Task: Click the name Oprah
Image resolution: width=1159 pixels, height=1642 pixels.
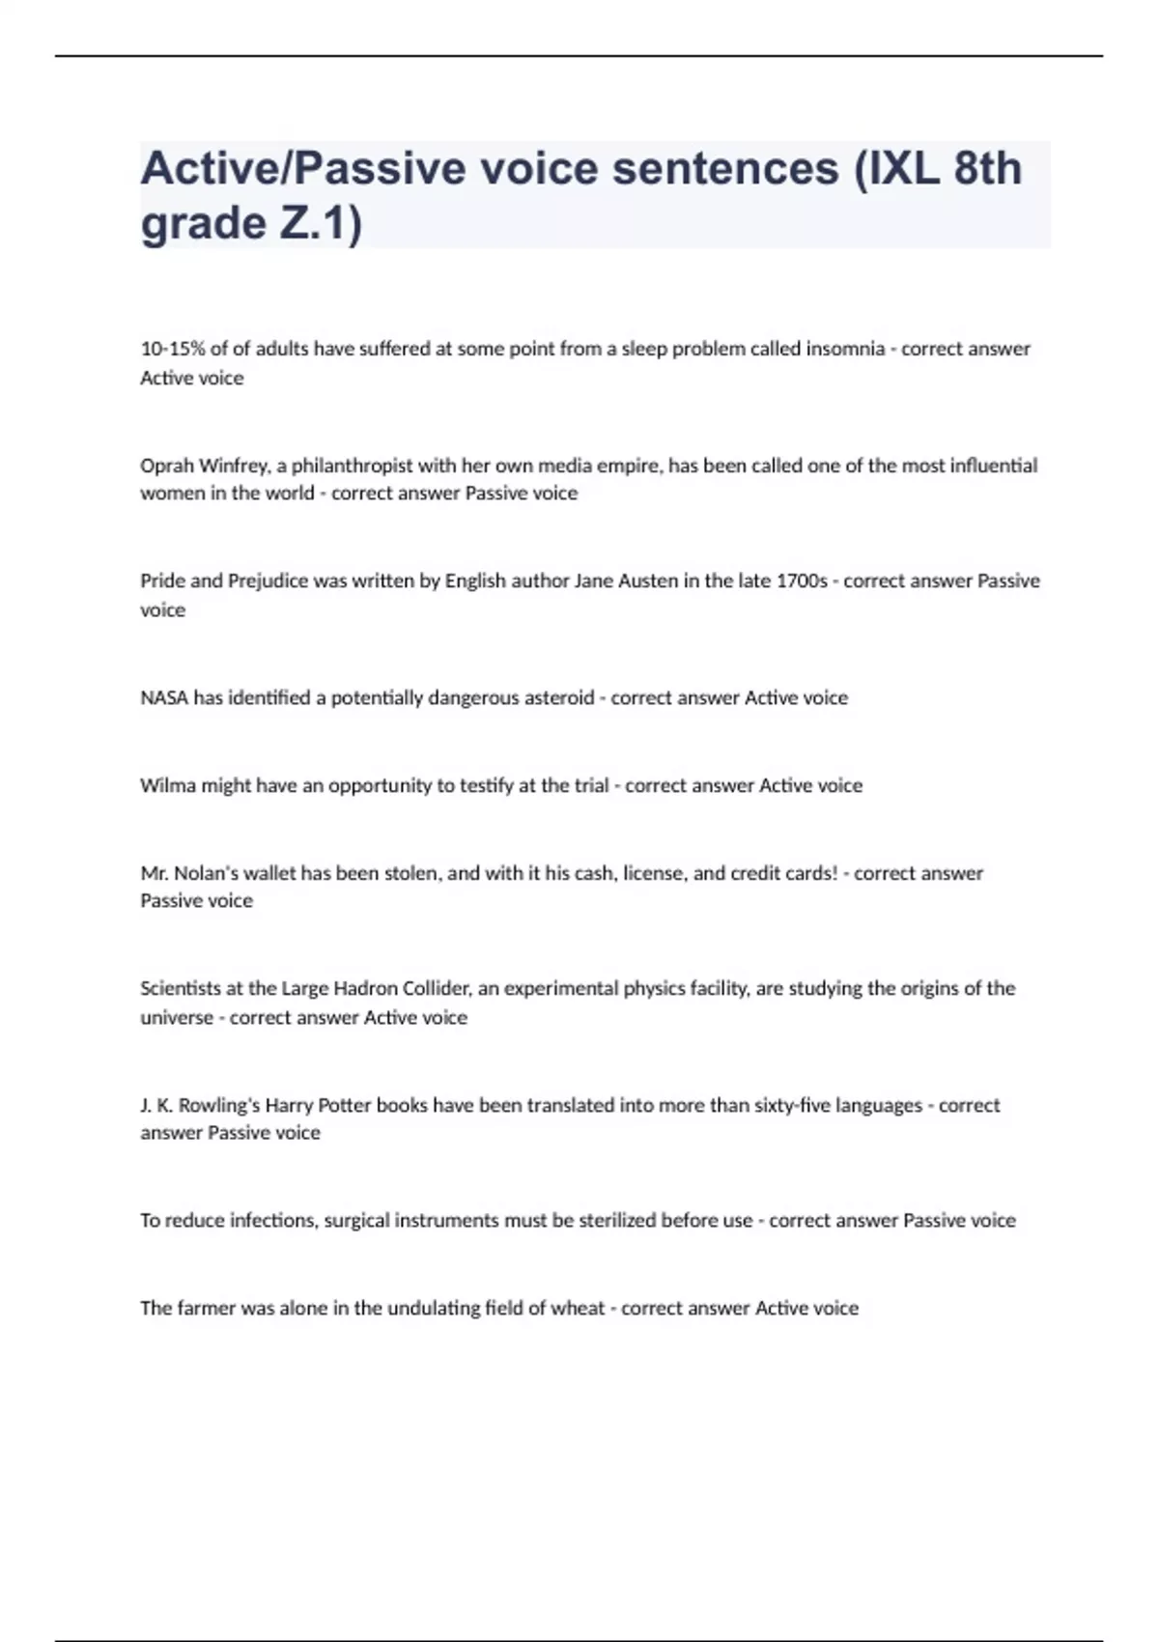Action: [x=167, y=466]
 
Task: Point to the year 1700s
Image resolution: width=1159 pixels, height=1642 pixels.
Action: [x=802, y=581]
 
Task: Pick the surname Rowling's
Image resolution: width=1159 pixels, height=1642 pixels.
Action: [x=219, y=1105]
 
